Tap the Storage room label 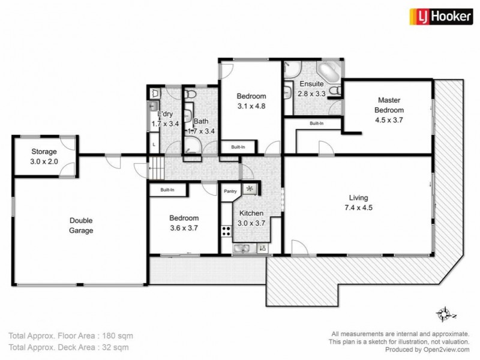tap(44, 152)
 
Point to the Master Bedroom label tap(389, 105)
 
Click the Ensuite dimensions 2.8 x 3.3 tap(312, 94)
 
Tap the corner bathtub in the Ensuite tap(329, 71)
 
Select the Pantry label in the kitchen tap(230, 192)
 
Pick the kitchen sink tap(243, 248)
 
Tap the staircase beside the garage tap(156, 166)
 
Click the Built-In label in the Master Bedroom tap(316, 124)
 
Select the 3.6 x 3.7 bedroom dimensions tap(184, 228)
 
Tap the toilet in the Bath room tap(190, 95)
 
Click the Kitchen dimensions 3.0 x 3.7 tap(252, 223)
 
